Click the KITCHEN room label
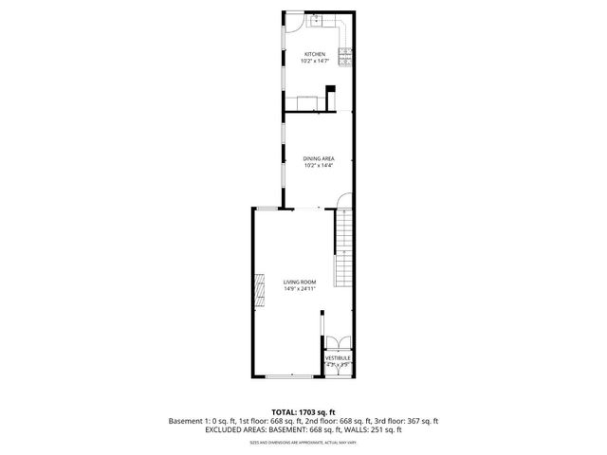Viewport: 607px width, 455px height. coord(315,54)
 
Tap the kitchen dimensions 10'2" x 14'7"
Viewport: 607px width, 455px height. coord(315,62)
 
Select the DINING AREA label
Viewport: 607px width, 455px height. coord(319,158)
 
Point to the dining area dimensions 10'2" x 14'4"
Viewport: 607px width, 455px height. coord(319,166)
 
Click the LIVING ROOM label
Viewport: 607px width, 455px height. coord(299,282)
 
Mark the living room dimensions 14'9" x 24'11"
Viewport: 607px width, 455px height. coord(299,289)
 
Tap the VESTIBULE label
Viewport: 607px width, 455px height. coord(339,358)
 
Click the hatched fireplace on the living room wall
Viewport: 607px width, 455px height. coord(257,290)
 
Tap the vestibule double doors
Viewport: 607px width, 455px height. coord(339,343)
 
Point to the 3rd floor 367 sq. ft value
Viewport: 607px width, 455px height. coord(411,421)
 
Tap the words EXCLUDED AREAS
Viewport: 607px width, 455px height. coord(234,429)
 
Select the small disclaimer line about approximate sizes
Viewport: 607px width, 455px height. coord(303,442)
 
